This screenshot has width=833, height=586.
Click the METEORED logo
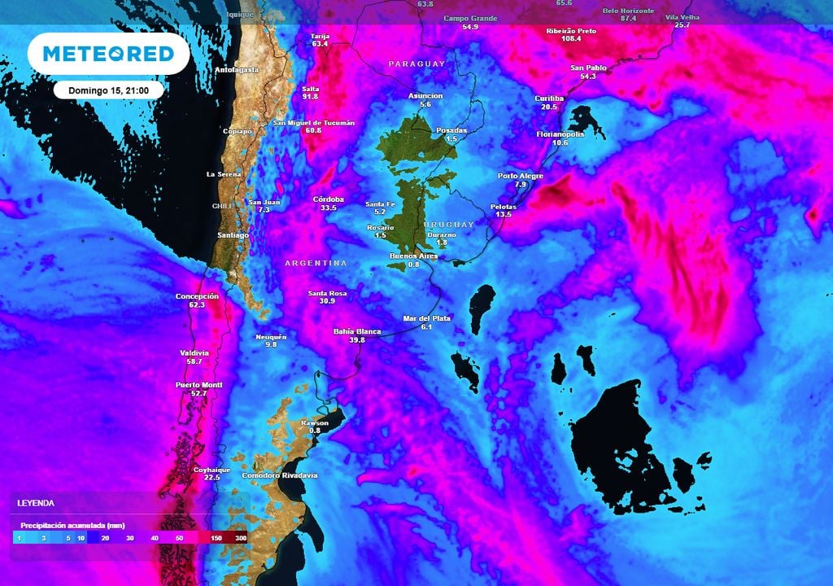pyautogui.click(x=108, y=54)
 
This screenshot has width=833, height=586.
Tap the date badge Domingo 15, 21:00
pyautogui.click(x=109, y=90)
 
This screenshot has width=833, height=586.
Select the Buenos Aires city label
pyautogui.click(x=413, y=256)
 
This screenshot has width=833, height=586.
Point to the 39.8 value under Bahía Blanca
pyautogui.click(x=357, y=340)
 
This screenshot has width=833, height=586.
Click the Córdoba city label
pyautogui.click(x=329, y=199)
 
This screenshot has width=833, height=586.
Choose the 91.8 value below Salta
pyautogui.click(x=309, y=96)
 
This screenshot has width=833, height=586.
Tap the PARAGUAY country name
pyautogui.click(x=416, y=63)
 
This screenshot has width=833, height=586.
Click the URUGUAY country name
pyautogui.click(x=448, y=224)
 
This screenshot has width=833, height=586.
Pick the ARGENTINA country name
pyautogui.click(x=316, y=263)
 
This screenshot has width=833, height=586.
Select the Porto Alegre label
pyautogui.click(x=521, y=176)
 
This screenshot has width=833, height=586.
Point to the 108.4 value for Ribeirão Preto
pyautogui.click(x=570, y=38)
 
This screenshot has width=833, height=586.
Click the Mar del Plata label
pyautogui.click(x=426, y=318)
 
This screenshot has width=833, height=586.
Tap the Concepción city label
pyautogui.click(x=197, y=296)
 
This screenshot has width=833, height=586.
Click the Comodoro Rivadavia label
pyautogui.click(x=280, y=474)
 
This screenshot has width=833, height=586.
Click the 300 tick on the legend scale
pyautogui.click(x=241, y=538)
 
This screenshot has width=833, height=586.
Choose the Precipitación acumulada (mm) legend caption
pyautogui.click(x=72, y=525)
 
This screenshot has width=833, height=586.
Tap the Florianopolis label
pyautogui.click(x=560, y=134)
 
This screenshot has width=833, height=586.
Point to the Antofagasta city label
pyautogui.click(x=236, y=70)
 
